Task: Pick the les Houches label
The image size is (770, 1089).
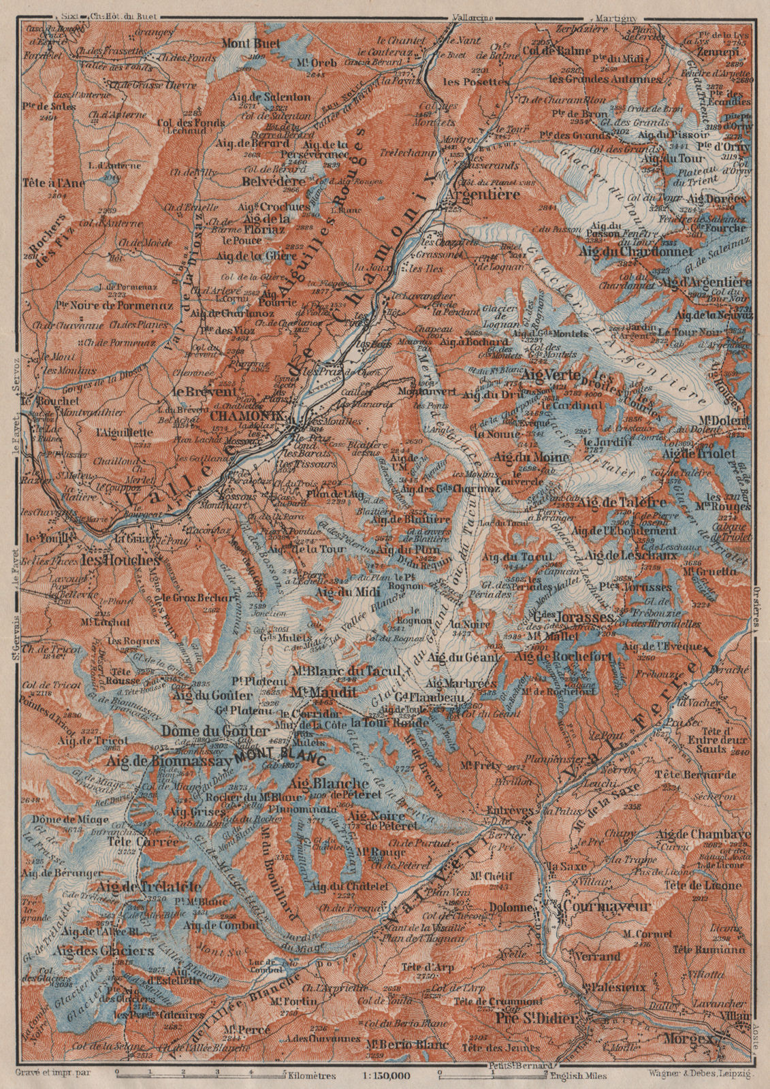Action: tap(120, 561)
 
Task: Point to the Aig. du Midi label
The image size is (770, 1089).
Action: tap(338, 592)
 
